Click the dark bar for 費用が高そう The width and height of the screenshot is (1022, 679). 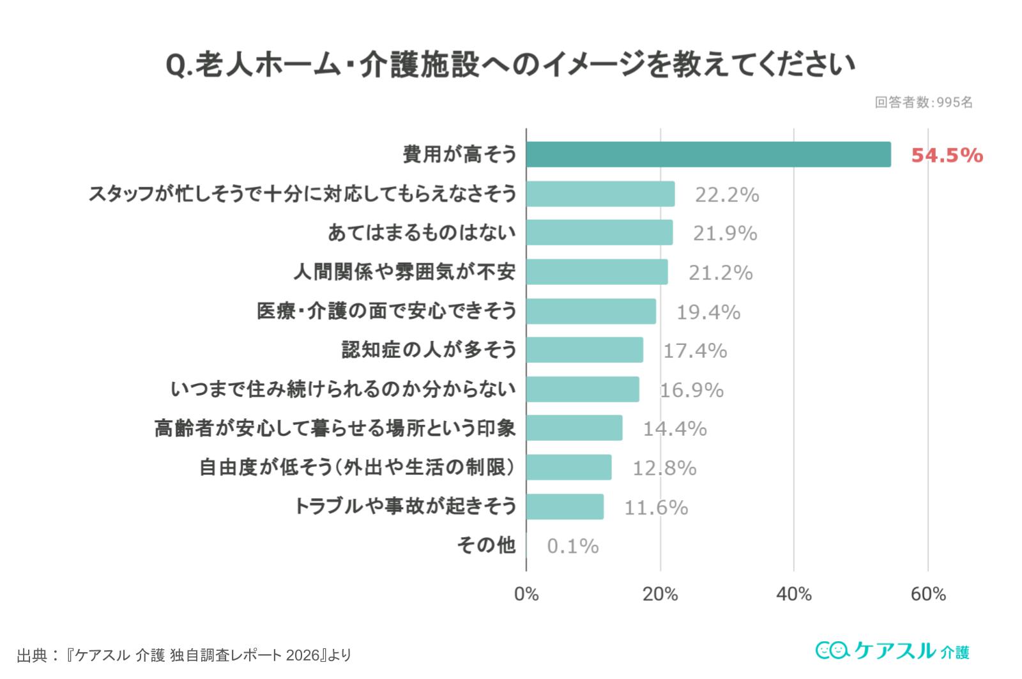coord(708,155)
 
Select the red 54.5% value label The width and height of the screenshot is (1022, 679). coord(947,155)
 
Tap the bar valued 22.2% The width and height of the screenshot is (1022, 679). coord(600,194)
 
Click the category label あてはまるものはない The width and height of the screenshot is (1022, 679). coord(422,233)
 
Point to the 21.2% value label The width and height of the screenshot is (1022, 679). coord(721,273)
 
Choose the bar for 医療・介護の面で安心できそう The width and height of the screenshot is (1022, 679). coord(591,311)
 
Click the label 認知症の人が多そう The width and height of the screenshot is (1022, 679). coord(429,350)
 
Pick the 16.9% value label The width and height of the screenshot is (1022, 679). coord(691,390)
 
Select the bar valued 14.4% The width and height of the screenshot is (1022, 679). coord(574,428)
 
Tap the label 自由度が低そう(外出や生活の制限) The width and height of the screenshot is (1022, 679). coord(357,468)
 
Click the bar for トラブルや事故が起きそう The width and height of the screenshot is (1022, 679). coord(565,507)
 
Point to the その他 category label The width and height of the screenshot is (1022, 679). coord(486,545)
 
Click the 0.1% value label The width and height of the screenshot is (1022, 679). coord(573,546)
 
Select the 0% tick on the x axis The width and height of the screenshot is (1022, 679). coord(526,595)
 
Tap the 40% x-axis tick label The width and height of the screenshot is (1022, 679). coord(794,595)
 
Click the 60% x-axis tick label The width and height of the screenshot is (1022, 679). coord(928,595)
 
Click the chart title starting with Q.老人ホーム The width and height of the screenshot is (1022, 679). coord(510,65)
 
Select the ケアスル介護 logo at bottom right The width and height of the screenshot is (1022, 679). coord(892,651)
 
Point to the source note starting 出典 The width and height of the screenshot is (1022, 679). coord(184,655)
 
